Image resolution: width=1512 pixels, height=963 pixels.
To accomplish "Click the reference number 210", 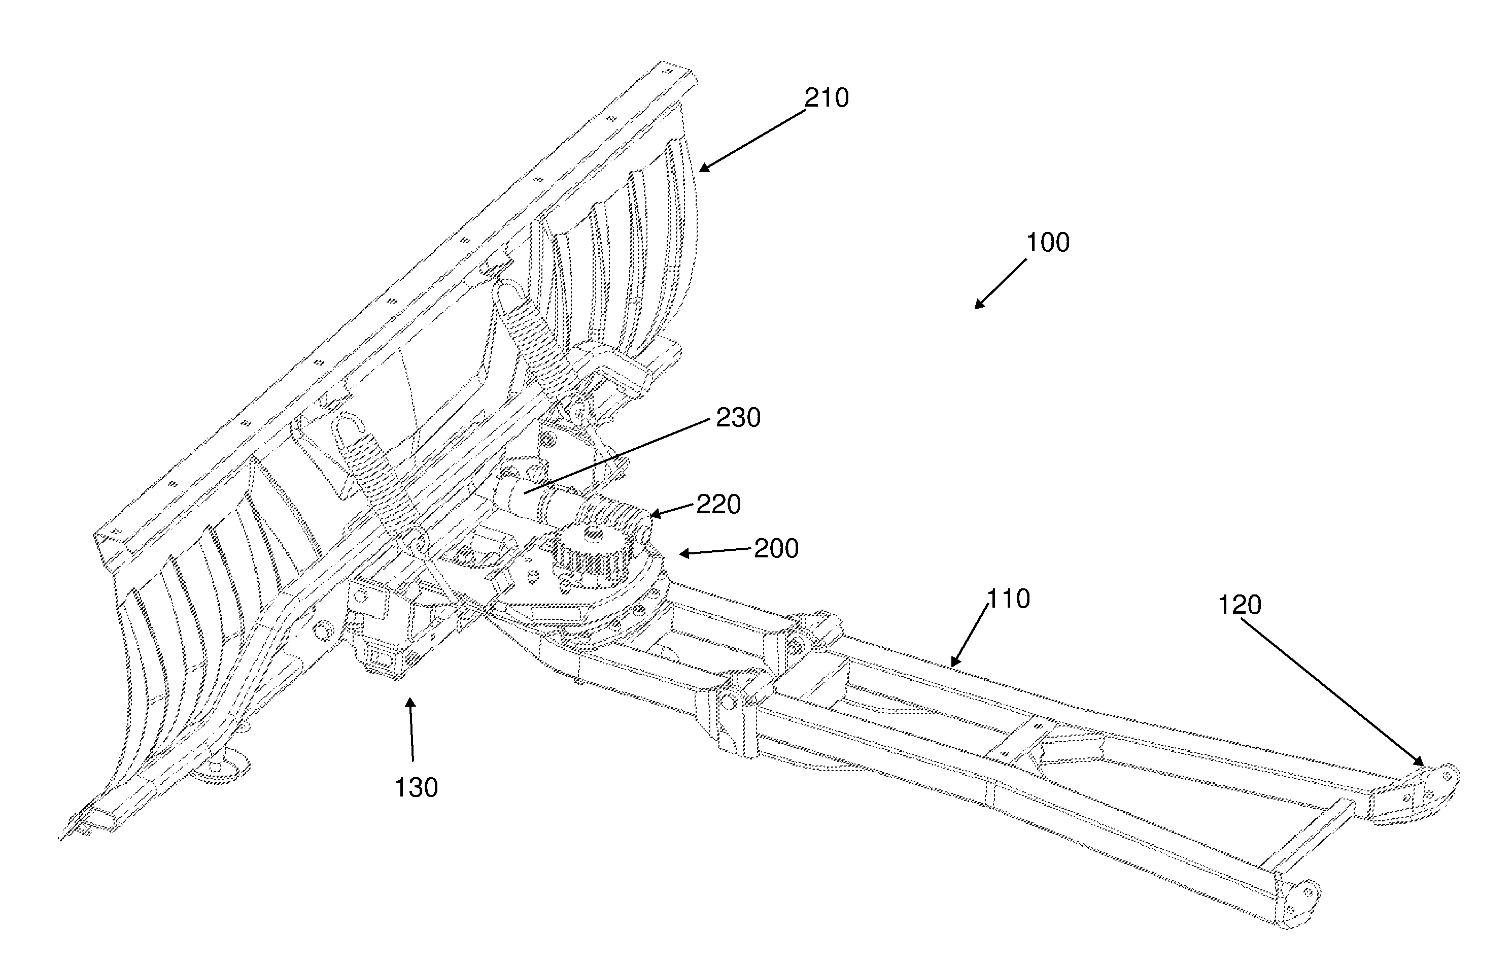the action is click(827, 98).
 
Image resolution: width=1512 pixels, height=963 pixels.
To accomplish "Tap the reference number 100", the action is click(1047, 243).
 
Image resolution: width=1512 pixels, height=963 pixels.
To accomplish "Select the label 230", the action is click(738, 418).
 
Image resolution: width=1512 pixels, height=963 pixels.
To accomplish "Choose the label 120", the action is click(1240, 605).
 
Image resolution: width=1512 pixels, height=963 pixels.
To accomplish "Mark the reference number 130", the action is click(416, 788).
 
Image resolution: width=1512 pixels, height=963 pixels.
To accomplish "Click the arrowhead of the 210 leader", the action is click(705, 168).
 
